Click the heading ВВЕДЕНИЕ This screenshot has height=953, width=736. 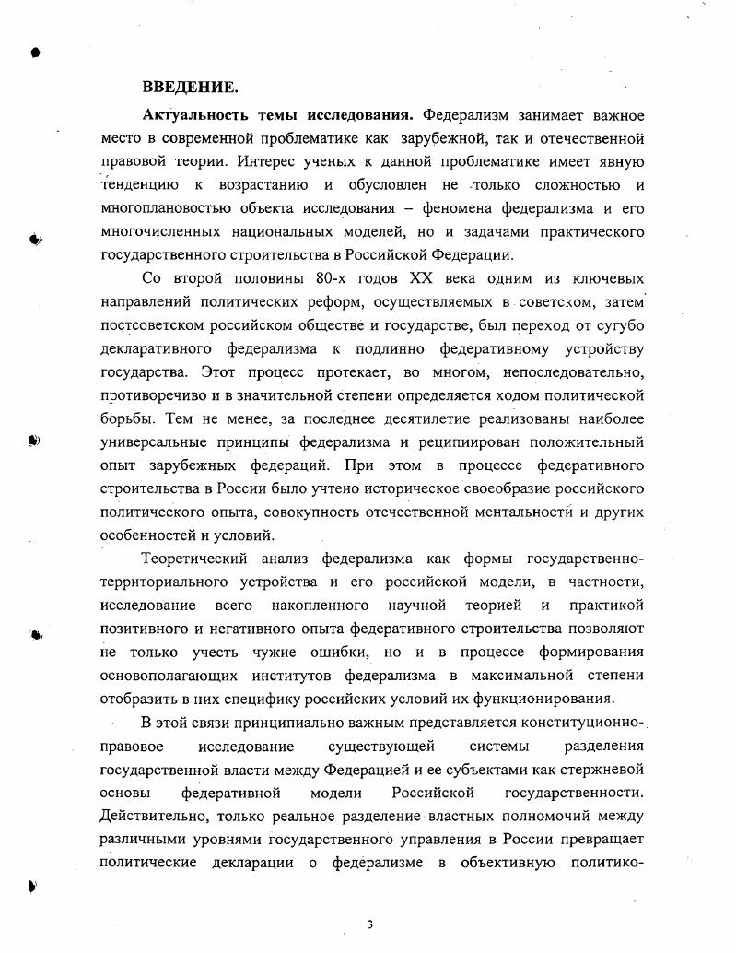190,88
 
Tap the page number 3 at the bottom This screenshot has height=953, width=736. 369,924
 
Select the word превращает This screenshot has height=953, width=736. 601,840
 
